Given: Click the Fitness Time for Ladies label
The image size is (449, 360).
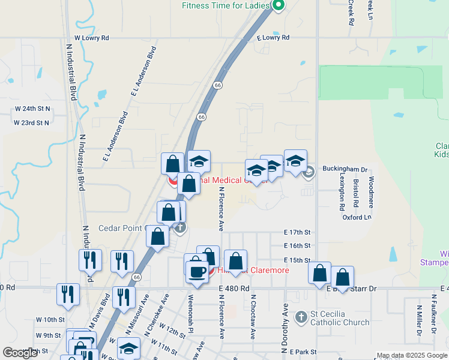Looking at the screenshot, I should (x=225, y=6).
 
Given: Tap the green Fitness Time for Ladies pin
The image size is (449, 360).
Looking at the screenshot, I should (x=278, y=6).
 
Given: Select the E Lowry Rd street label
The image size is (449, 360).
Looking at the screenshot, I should (x=273, y=38).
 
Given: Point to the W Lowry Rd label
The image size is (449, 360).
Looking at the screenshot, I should (x=92, y=38).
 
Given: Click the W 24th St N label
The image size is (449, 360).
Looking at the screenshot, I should (x=32, y=109).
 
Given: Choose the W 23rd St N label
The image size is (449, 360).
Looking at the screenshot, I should (x=32, y=122).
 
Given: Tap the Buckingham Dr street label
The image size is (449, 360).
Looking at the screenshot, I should (x=344, y=169).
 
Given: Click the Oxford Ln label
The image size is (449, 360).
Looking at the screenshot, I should (x=357, y=218).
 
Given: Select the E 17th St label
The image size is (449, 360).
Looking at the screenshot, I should (x=297, y=232).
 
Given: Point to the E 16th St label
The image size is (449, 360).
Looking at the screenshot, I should (x=297, y=246).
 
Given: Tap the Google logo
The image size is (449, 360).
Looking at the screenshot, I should (x=20, y=353).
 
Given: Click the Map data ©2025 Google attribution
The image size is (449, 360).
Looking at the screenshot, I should (x=412, y=355).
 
